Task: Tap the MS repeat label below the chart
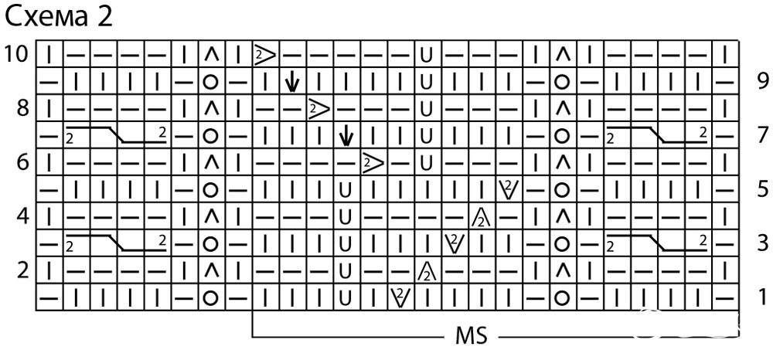[x=472, y=336]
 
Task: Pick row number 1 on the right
[x=763, y=297]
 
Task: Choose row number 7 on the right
[x=762, y=134]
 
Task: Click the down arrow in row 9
[x=292, y=81]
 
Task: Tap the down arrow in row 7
[x=346, y=134]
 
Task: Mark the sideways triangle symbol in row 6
[x=373, y=162]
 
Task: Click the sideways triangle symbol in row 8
[x=319, y=108]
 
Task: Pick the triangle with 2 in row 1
[x=400, y=297]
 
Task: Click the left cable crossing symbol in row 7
[x=117, y=134]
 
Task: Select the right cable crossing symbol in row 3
[x=656, y=243]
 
